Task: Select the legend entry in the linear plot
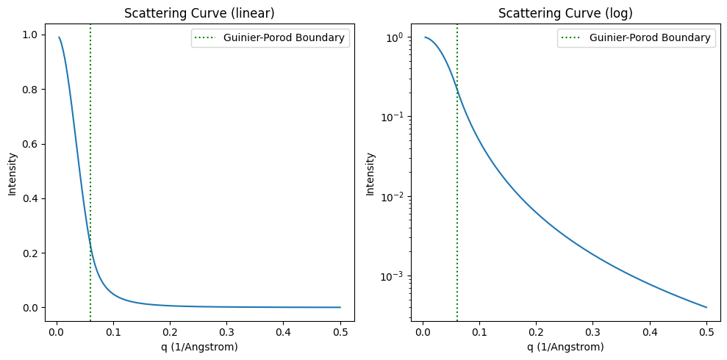coord(270,37)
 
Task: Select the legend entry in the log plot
coord(636,37)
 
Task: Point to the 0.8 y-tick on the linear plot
coord(32,90)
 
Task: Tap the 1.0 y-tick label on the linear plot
coord(32,35)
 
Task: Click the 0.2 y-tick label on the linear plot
coord(32,253)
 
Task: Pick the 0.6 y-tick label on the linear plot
coord(32,144)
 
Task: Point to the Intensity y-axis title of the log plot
coord(370,174)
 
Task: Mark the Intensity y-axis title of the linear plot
coord(12,174)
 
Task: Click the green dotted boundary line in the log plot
coord(457,220)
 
